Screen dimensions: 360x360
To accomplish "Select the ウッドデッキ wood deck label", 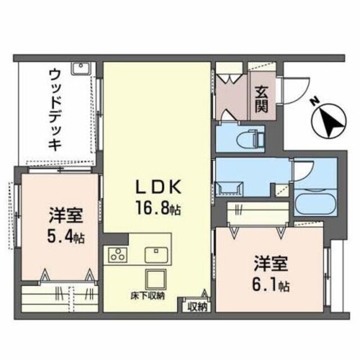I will point(55,109).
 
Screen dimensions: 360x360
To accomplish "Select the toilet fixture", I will point(248,137).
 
